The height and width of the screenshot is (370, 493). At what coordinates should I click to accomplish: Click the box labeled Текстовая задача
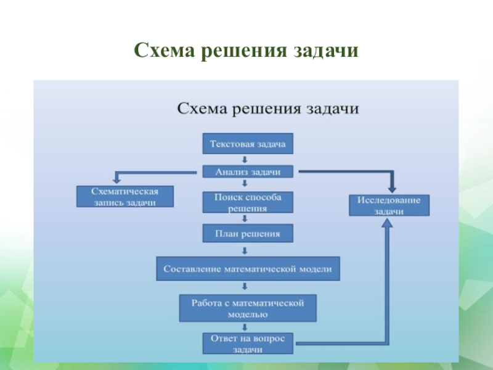248,144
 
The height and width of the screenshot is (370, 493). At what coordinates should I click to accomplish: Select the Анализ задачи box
248,172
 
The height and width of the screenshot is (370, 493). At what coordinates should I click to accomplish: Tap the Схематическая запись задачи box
125,197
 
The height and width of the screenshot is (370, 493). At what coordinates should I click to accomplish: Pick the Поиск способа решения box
248,202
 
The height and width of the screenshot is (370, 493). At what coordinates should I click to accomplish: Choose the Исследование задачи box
389,205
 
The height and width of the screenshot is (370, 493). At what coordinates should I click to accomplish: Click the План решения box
248,234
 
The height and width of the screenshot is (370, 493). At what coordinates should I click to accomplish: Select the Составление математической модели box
247,269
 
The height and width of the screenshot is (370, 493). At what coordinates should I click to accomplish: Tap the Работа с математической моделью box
248,308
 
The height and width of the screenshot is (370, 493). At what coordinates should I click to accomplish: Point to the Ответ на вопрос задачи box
248,343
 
